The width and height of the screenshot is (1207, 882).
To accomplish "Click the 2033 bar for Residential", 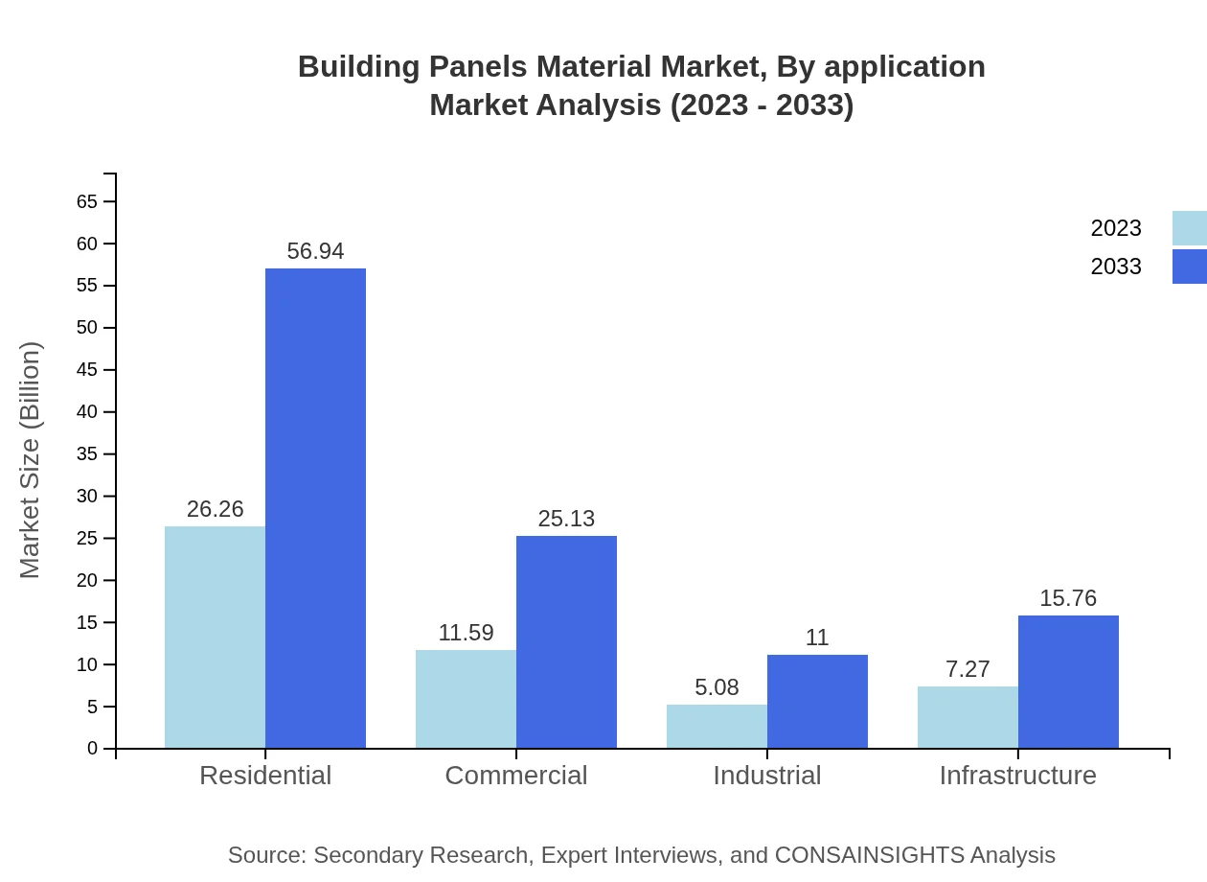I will [315, 508].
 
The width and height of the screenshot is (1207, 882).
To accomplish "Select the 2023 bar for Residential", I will [215, 637].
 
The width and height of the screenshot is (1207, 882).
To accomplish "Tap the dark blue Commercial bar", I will [566, 641].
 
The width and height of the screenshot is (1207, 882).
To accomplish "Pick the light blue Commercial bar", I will [466, 699].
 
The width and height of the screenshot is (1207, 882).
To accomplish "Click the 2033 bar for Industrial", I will [817, 701].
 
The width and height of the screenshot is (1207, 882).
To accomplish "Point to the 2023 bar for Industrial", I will [717, 726].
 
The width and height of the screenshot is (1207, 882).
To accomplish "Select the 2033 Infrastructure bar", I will [1068, 681].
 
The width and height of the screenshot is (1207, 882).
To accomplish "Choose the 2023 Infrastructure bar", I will [968, 716].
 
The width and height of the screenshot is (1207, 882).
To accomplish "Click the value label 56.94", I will [315, 251].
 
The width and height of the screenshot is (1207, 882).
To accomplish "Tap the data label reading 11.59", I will [466, 633].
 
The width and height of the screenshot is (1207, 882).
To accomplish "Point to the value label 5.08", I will [717, 687].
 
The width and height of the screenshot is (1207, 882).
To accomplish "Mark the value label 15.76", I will [1068, 598].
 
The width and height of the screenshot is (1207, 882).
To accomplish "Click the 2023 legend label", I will [1116, 228].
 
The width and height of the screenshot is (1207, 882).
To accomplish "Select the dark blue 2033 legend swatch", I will [1189, 267].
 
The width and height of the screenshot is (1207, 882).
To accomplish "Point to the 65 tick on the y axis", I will [87, 201].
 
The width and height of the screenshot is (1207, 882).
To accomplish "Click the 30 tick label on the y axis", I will [87, 496].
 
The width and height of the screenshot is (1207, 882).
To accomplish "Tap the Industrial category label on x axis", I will [766, 775].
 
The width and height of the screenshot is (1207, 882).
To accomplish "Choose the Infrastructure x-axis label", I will [1017, 775].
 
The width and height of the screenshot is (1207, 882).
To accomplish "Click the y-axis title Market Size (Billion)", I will [31, 460].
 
